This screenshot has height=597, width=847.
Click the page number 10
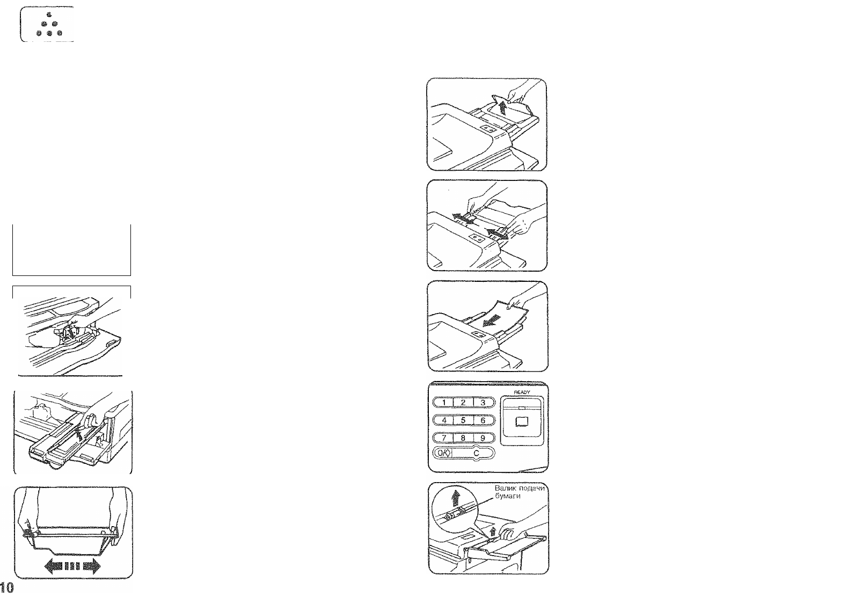tap(6, 587)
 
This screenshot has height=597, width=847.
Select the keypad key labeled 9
tap(483, 438)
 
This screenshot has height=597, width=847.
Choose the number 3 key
tap(483, 403)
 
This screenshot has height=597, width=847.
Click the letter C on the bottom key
tap(476, 453)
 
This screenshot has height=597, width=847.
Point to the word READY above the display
tap(522, 392)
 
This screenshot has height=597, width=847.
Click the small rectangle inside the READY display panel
tap(522, 421)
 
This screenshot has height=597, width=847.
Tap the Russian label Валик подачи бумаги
tap(520, 492)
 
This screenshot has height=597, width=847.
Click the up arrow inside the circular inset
tap(456, 498)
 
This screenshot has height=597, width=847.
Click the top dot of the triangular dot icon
tap(49, 15)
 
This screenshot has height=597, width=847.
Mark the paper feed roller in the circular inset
tap(455, 514)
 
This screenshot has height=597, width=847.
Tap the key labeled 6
tap(483, 420)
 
